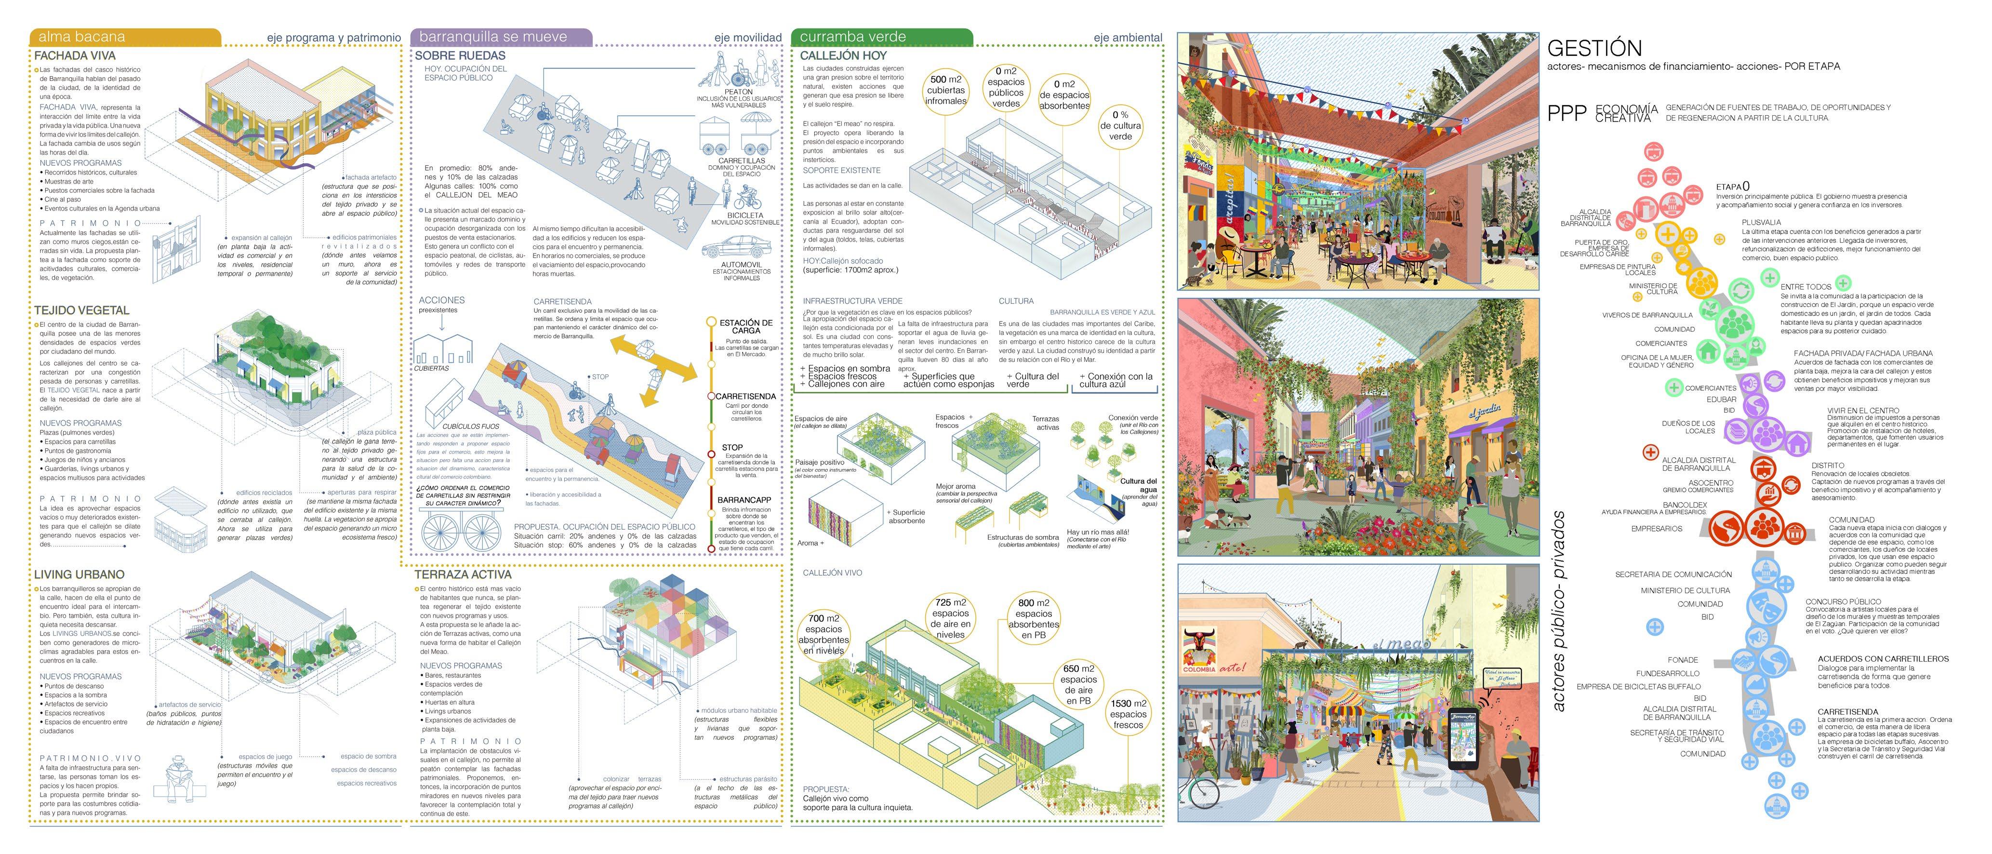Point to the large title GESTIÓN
click(1594, 48)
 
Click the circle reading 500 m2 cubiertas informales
click(946, 91)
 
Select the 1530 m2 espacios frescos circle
click(1128, 714)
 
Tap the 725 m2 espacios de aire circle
click(950, 618)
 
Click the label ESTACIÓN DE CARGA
click(745, 326)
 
